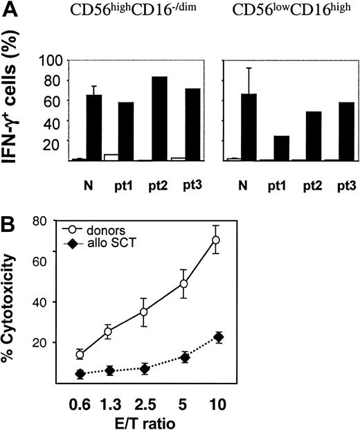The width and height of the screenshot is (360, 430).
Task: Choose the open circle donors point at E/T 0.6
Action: [x=80, y=355]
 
